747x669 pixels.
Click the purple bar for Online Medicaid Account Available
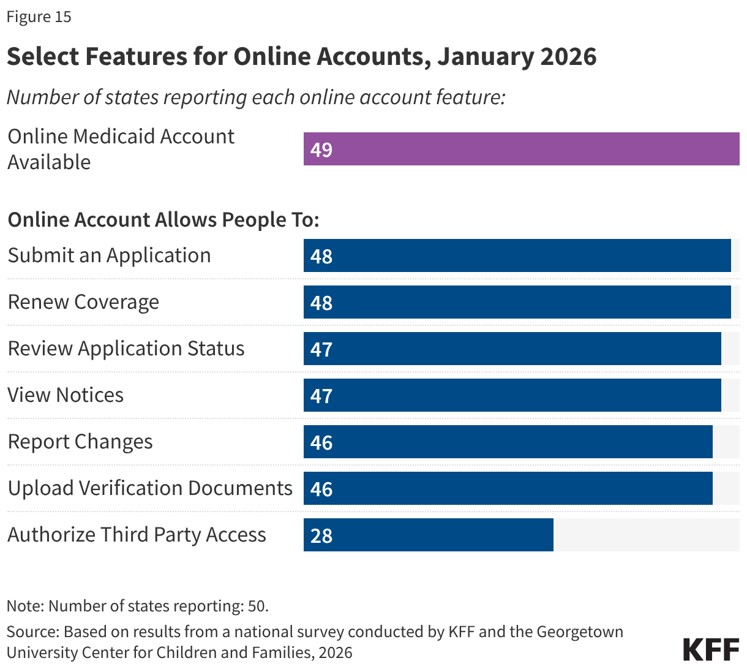(520, 149)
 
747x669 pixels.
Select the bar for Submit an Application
(517, 255)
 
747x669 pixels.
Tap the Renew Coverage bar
(517, 302)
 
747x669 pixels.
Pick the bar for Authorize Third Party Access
(429, 535)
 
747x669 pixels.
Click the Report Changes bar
(508, 442)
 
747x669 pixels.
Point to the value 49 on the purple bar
(321, 149)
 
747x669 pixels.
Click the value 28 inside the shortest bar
(321, 535)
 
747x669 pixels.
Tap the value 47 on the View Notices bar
(321, 396)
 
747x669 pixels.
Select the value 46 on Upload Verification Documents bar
(321, 489)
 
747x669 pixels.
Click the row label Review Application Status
(126, 349)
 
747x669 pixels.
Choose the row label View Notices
(66, 395)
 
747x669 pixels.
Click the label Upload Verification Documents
(150, 488)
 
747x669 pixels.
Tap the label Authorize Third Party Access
(137, 535)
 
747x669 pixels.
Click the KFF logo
(711, 649)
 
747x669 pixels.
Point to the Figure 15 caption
(39, 17)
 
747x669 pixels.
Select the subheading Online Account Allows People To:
(163, 219)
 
